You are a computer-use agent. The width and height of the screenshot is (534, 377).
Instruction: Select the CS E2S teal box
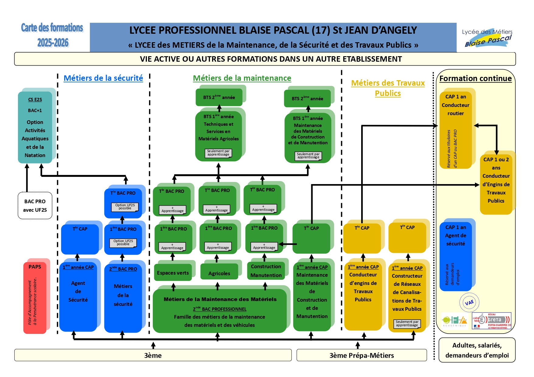point(35,128)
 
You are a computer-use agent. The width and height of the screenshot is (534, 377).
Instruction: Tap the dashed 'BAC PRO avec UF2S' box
point(35,206)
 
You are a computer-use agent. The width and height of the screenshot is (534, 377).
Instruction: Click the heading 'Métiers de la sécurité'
point(103,78)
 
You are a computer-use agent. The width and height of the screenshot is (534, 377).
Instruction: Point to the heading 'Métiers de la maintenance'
point(242,78)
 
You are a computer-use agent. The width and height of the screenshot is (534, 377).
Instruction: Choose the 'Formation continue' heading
point(475,78)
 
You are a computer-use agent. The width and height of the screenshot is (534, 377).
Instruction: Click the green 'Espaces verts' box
point(173,273)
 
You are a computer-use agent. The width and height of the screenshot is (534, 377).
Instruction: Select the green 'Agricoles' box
point(219,273)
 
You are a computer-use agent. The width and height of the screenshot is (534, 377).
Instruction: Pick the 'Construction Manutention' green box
point(266,271)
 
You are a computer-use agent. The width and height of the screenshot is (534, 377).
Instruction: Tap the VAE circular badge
point(469,303)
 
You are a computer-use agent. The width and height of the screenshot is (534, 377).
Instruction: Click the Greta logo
point(492,320)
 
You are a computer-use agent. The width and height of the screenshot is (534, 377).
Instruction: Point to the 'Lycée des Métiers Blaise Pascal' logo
point(487,38)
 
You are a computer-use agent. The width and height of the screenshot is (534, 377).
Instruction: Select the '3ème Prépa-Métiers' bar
point(361,355)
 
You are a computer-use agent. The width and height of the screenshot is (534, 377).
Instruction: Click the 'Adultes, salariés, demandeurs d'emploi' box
point(477,350)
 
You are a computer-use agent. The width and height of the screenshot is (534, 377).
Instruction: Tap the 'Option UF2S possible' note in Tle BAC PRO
point(125,207)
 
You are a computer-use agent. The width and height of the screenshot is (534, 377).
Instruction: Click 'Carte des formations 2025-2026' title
point(52,35)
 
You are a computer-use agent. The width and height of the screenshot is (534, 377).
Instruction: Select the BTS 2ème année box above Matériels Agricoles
point(219,97)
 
